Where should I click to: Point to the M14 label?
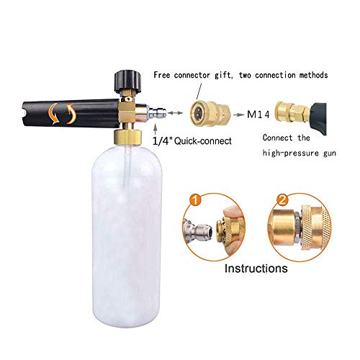click(x=258, y=114)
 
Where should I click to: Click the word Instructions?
click(x=256, y=269)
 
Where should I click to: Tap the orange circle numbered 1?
click(x=196, y=200)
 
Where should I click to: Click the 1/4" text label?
click(x=162, y=141)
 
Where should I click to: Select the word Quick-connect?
click(x=203, y=141)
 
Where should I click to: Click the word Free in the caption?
click(x=162, y=75)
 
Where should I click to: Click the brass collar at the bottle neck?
click(x=127, y=138)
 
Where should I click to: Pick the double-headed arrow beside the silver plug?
click(x=176, y=112)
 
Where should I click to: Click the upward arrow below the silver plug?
click(x=156, y=127)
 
